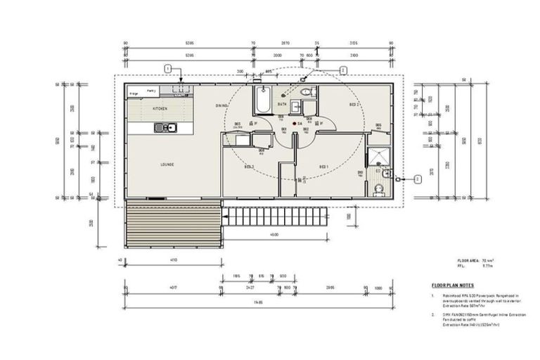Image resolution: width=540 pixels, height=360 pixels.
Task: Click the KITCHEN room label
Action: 160,110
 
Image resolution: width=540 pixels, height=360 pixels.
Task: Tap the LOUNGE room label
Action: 167,165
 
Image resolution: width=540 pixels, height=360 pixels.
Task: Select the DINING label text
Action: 222,105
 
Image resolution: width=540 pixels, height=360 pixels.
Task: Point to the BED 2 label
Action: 354,104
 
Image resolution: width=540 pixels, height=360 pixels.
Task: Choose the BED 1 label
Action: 324,167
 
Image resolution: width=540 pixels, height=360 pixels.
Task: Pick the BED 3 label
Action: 249,167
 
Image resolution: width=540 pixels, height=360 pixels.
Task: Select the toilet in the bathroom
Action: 305,93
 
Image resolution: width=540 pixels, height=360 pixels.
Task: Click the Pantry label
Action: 150,91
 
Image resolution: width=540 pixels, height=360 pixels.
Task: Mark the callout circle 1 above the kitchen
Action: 167,68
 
